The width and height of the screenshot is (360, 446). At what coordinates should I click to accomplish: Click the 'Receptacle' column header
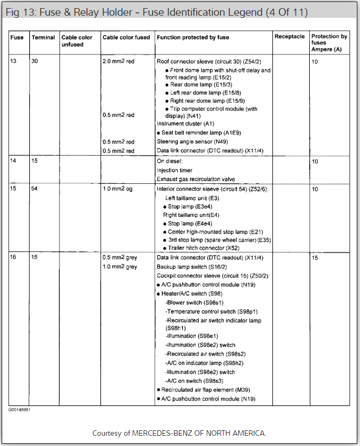[289, 37]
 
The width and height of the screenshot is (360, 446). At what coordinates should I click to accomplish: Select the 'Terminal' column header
[43, 37]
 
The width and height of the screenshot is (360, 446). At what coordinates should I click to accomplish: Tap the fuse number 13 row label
[14, 62]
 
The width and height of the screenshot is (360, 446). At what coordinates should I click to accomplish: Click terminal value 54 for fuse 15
[35, 189]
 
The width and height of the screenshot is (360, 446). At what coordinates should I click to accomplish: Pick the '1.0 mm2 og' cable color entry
[118, 189]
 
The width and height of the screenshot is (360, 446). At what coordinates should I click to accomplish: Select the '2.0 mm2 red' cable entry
[118, 62]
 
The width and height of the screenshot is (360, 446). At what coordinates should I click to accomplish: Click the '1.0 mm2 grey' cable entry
[120, 267]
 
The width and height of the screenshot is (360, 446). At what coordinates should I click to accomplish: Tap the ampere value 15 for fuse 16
[315, 258]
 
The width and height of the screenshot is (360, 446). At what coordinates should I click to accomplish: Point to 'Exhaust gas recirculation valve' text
[196, 179]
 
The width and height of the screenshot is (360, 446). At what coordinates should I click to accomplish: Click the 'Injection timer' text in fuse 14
[175, 170]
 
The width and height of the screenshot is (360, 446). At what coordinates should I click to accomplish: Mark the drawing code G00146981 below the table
[19, 410]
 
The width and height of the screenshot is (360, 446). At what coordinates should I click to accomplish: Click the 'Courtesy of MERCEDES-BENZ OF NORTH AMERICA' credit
[179, 433]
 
